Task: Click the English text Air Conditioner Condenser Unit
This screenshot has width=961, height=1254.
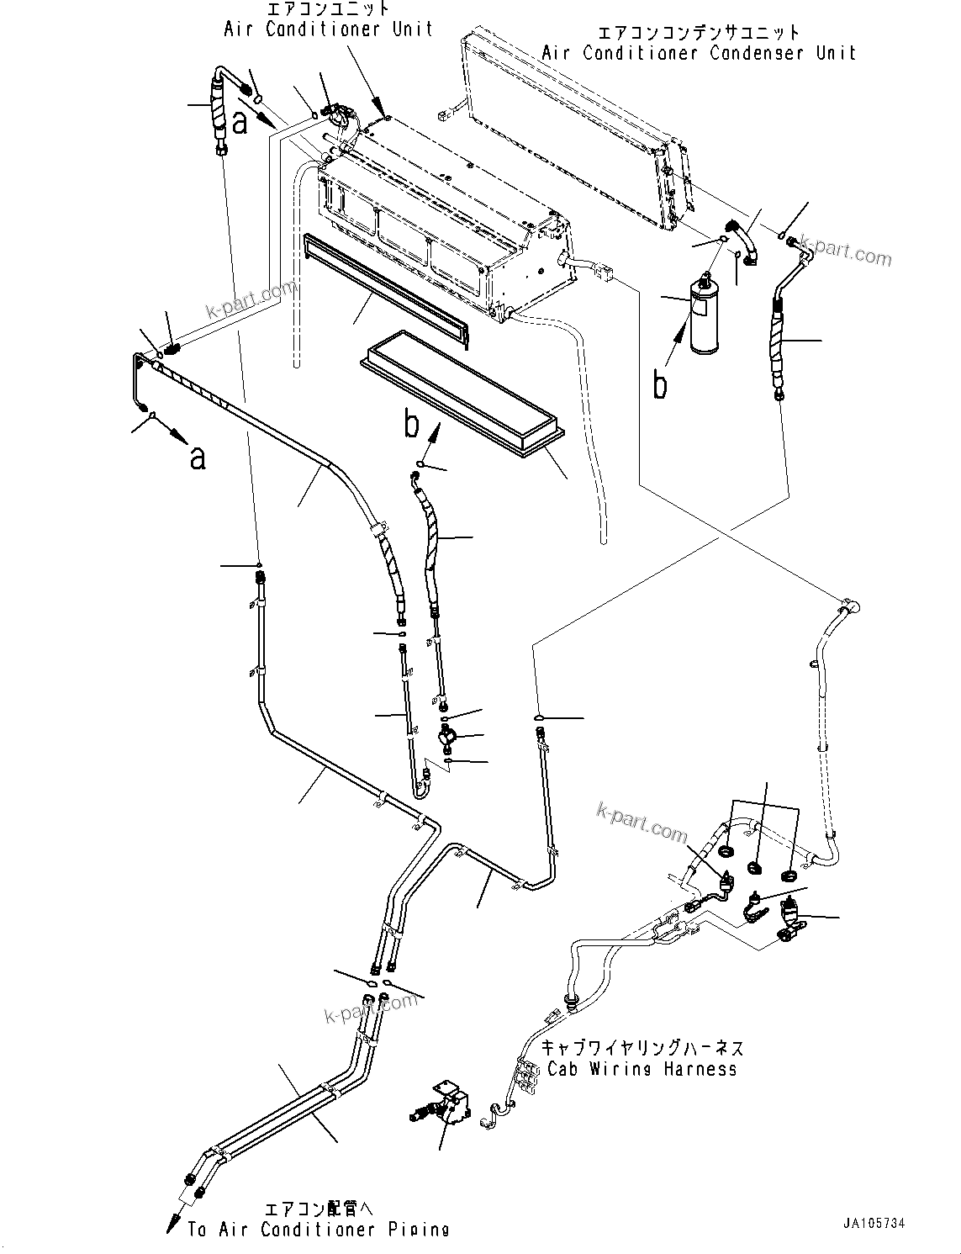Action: pyautogui.click(x=698, y=53)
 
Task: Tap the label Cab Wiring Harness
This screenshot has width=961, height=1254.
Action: pyautogui.click(x=642, y=1069)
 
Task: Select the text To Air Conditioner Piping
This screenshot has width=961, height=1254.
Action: pyautogui.click(x=318, y=1229)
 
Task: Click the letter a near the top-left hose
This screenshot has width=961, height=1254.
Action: pyautogui.click(x=240, y=124)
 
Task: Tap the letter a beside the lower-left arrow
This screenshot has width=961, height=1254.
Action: pyautogui.click(x=198, y=458)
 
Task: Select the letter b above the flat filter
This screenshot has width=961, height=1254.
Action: pyautogui.click(x=411, y=425)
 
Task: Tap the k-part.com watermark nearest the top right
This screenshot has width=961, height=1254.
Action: pyautogui.click(x=846, y=250)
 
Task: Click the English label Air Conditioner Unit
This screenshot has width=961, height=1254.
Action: pyautogui.click(x=328, y=29)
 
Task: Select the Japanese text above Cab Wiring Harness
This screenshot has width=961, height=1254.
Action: pyautogui.click(x=642, y=1048)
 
